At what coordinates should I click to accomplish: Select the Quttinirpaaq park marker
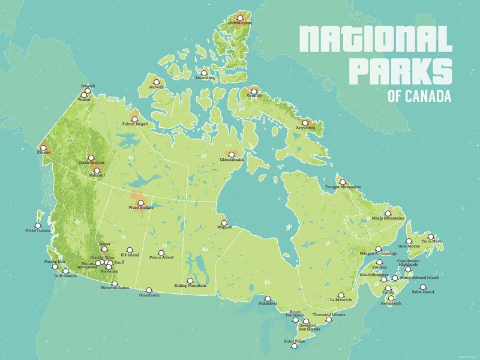pyautogui.click(x=240, y=19)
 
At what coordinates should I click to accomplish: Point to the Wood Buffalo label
pyautogui.click(x=141, y=208)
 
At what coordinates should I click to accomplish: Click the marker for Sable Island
pyautogui.click(x=423, y=287)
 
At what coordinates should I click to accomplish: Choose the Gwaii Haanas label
pyautogui.click(x=38, y=230)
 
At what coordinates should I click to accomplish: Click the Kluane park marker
pyautogui.click(x=43, y=147)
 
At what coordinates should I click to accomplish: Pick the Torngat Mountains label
pyautogui.click(x=343, y=187)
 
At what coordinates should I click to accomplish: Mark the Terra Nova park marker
pyautogui.click(x=431, y=236)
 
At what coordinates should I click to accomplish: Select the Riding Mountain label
pyautogui.click(x=190, y=286)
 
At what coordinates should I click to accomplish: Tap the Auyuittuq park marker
pyautogui.click(x=305, y=123)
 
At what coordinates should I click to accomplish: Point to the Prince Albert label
pyautogui.click(x=161, y=258)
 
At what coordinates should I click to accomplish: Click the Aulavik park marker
pyautogui.click(x=156, y=82)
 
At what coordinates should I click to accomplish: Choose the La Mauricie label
pyautogui.click(x=340, y=299)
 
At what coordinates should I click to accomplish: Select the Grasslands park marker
pyautogui.click(x=149, y=290)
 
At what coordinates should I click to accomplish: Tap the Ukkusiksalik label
pyautogui.click(x=231, y=160)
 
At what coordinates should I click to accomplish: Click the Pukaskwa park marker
pyautogui.click(x=268, y=298)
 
